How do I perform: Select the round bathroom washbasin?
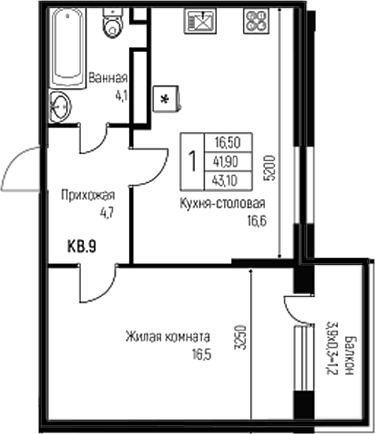pos(61,105)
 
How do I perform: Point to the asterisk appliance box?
pos(166,98)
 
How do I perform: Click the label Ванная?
pos(108,79)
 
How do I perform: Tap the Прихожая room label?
pos(90,196)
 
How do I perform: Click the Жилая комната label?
pos(167,336)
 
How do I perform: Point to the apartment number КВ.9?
pos(81,246)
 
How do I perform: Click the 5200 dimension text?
pos(270,167)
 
